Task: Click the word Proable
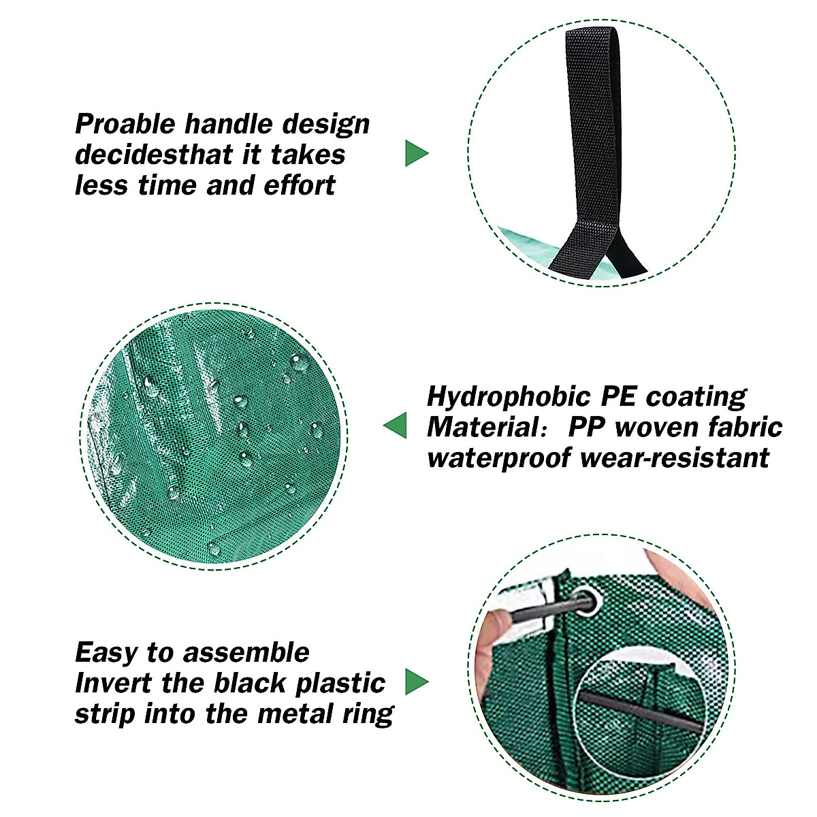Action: (x=125, y=125)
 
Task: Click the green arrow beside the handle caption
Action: (x=416, y=153)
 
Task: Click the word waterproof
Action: (x=500, y=458)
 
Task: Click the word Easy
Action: (x=106, y=653)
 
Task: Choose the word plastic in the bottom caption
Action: (x=334, y=684)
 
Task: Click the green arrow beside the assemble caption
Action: (x=416, y=682)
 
